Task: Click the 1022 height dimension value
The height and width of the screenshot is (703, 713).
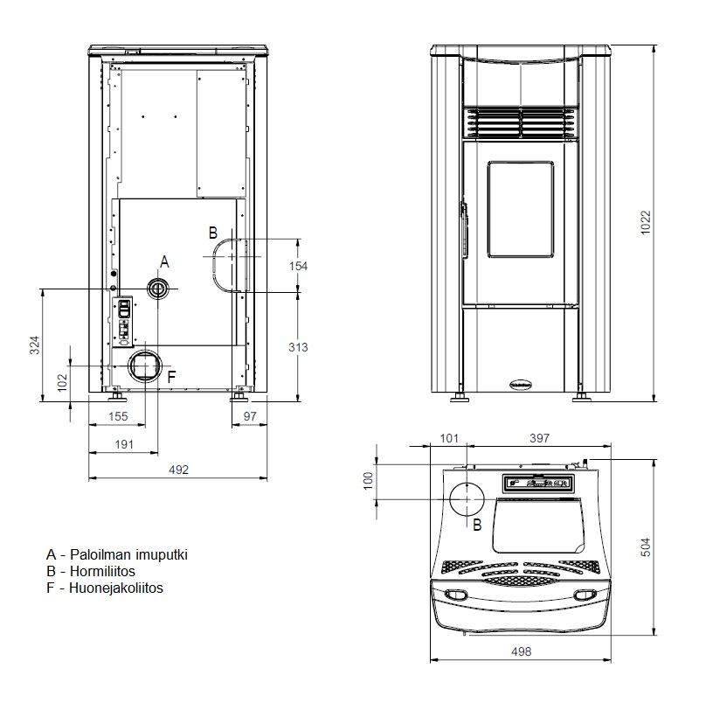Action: pyautogui.click(x=646, y=222)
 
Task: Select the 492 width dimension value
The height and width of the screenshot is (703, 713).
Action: pyautogui.click(x=178, y=470)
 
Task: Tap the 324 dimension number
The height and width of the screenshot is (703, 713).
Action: pyautogui.click(x=35, y=345)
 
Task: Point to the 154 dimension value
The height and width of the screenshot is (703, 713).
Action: pyautogui.click(x=298, y=266)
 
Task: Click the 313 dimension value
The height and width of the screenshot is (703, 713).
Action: pyautogui.click(x=298, y=347)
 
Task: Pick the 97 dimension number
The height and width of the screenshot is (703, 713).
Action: pyautogui.click(x=250, y=416)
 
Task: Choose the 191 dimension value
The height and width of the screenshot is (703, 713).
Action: pyautogui.click(x=124, y=444)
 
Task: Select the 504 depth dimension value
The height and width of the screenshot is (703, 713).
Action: pyautogui.click(x=646, y=547)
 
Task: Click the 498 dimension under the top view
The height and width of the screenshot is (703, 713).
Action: pyautogui.click(x=521, y=651)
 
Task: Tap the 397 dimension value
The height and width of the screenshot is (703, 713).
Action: pyautogui.click(x=539, y=438)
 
